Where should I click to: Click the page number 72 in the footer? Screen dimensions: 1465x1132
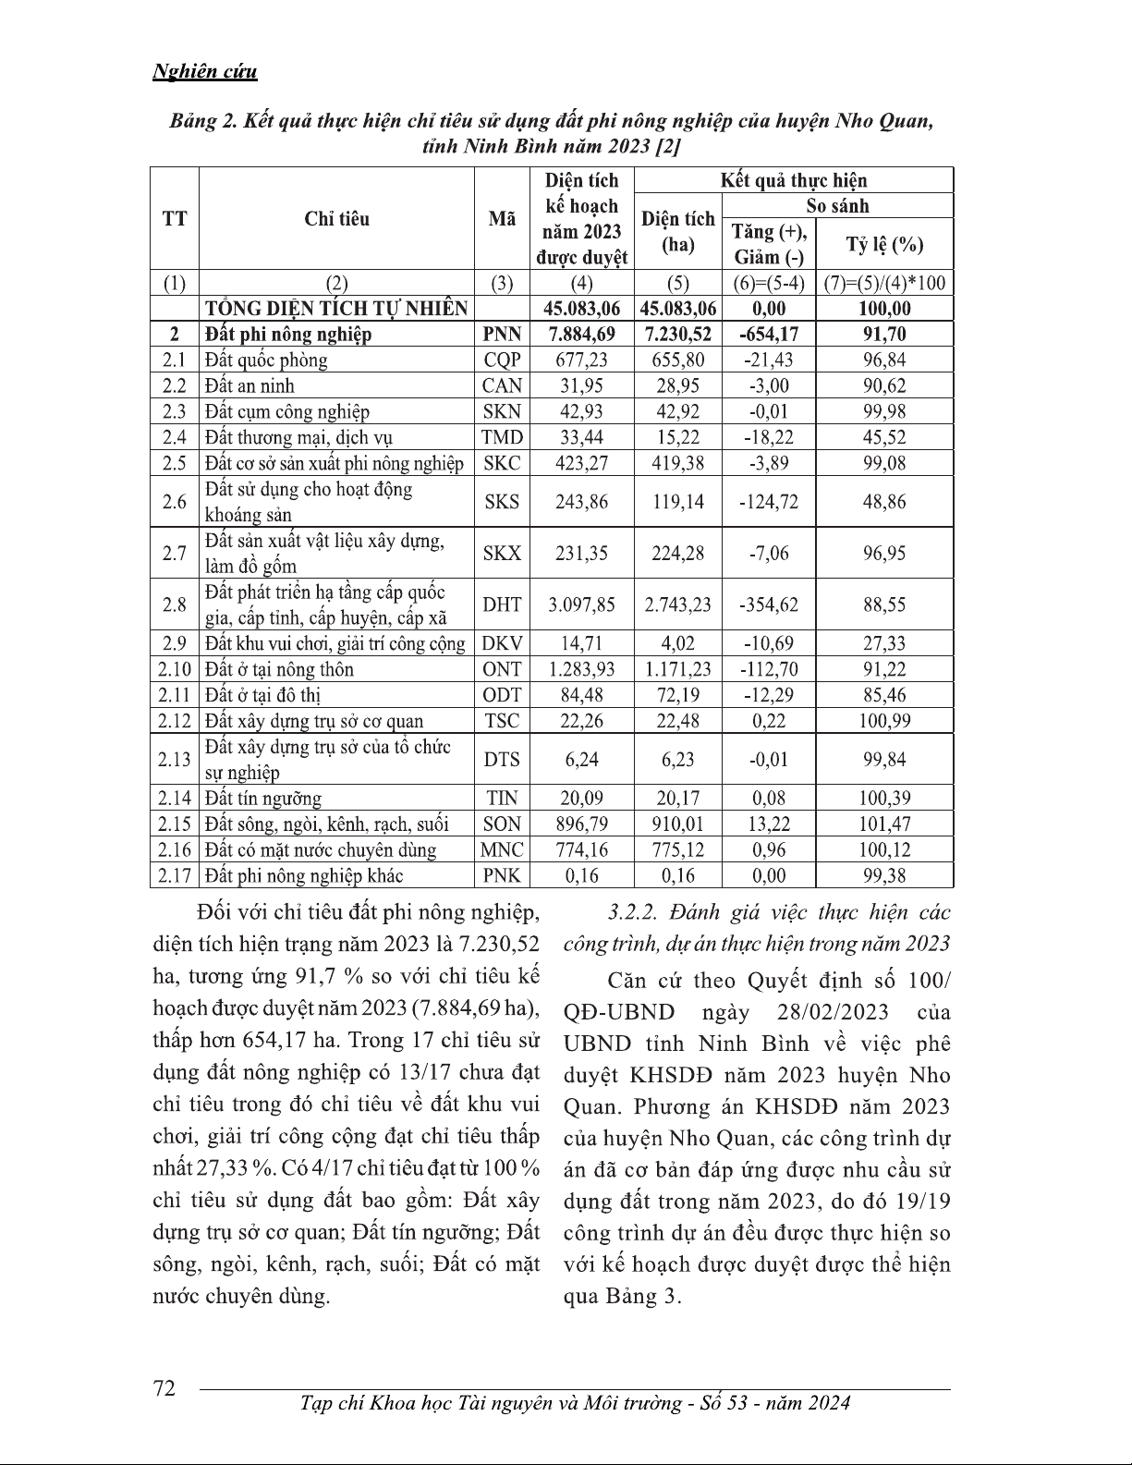click(x=164, y=1388)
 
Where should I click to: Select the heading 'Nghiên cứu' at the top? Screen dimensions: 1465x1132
click(x=204, y=72)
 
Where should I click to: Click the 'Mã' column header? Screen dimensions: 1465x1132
click(x=502, y=219)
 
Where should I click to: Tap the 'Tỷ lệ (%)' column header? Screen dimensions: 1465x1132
click(x=884, y=245)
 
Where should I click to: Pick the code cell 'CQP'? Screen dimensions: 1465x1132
click(x=502, y=360)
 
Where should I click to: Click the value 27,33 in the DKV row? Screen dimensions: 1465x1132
click(x=884, y=644)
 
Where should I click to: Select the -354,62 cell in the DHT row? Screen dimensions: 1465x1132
click(x=769, y=605)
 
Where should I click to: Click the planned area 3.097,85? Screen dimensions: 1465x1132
click(x=581, y=605)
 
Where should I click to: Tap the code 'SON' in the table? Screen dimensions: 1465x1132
click(x=502, y=824)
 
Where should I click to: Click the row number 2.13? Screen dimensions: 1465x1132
click(x=175, y=760)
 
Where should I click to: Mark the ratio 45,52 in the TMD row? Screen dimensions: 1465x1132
click(x=884, y=438)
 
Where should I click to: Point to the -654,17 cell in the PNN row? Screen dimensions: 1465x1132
click(x=769, y=335)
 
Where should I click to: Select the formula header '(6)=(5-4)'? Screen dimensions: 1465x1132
click(x=769, y=284)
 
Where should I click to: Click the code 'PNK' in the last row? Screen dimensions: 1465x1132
click(x=502, y=876)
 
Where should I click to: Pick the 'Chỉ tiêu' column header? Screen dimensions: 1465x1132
click(x=336, y=219)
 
